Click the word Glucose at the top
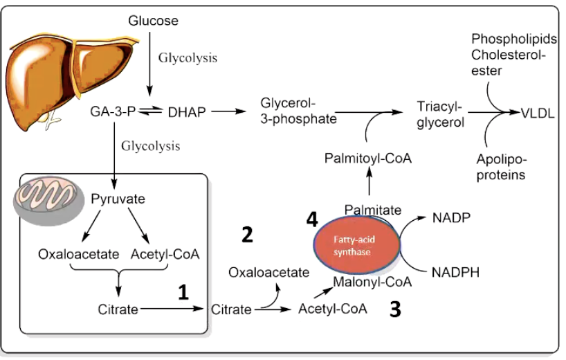[x=153, y=21]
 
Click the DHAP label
[x=187, y=111]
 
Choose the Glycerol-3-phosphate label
[x=298, y=111]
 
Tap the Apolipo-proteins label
[x=500, y=167]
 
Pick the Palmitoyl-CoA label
[x=368, y=159]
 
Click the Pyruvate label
[x=118, y=199]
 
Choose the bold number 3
[x=396, y=309]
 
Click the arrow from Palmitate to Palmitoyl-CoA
[x=368, y=185]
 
